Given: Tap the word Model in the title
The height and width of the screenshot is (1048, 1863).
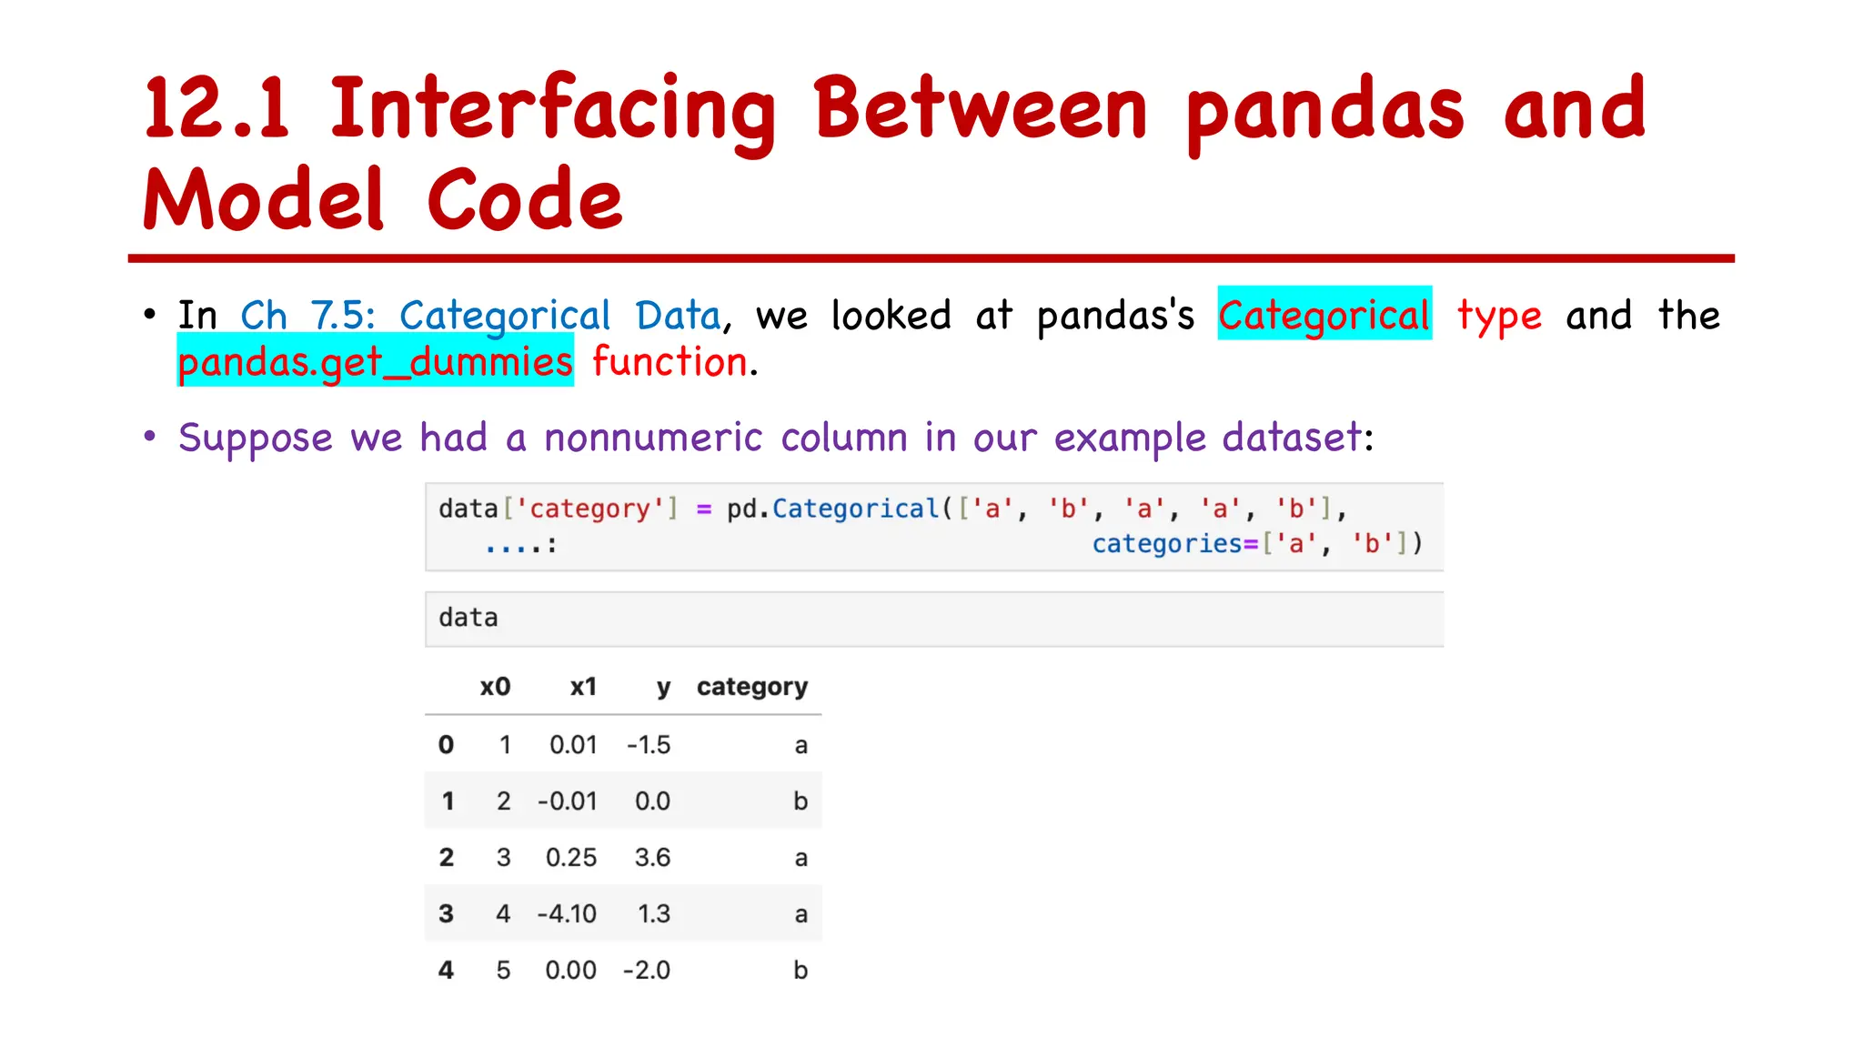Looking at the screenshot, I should click(264, 200).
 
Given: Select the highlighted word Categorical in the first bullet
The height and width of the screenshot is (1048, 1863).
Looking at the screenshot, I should click(1324, 315).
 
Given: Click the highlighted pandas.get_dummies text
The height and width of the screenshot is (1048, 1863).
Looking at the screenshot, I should click(375, 362).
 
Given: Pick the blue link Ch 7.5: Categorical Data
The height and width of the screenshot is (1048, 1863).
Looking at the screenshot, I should click(480, 316).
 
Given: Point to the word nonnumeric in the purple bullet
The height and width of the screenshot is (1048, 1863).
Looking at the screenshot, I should click(652, 438).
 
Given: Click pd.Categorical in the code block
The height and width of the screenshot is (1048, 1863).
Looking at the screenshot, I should click(832, 509).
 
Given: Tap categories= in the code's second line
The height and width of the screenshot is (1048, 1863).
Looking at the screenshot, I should click(1174, 544).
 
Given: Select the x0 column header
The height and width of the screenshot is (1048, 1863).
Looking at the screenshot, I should click(495, 687).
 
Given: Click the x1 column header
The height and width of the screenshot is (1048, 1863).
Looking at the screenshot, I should click(583, 687).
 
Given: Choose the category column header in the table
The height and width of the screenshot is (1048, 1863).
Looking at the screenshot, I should click(751, 687).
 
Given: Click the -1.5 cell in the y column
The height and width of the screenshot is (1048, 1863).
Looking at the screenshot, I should click(649, 745).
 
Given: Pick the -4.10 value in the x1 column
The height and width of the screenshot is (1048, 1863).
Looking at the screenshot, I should click(567, 913).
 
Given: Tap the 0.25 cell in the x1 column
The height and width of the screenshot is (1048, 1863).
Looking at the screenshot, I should click(571, 857).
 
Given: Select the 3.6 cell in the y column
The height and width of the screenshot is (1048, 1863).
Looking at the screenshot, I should click(652, 857).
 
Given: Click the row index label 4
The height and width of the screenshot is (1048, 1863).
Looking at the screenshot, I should click(446, 970).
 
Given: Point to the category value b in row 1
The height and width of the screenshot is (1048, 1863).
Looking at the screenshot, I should click(801, 801).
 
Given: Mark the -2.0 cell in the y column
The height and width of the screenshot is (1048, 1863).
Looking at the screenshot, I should click(647, 970).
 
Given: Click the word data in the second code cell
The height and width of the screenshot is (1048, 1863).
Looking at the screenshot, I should click(468, 619).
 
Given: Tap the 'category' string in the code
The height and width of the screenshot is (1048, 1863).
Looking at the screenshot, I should click(590, 509).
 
